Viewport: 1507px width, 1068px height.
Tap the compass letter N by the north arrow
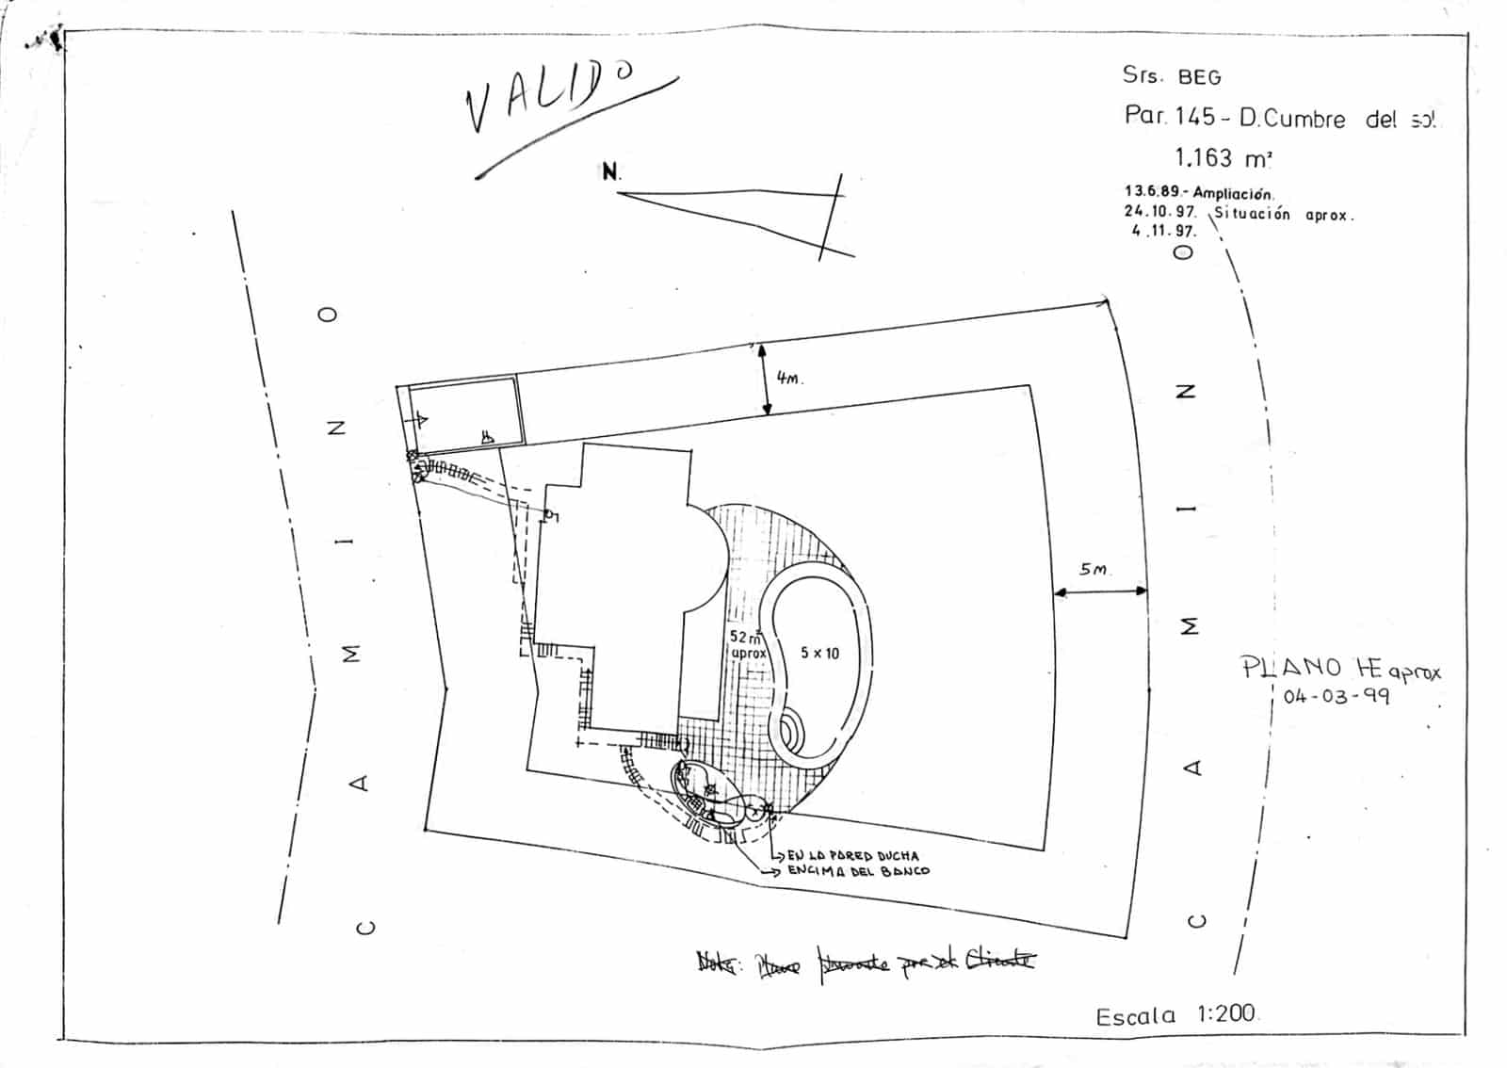pos(610,172)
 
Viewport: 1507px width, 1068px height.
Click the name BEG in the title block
pos(1199,77)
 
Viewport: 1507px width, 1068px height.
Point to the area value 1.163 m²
pos(1223,157)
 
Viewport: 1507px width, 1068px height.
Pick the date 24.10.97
pos(1159,212)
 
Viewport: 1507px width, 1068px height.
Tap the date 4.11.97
pos(1163,231)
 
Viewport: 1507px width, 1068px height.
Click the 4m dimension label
pos(789,378)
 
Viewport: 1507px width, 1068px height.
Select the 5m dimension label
pos(1094,569)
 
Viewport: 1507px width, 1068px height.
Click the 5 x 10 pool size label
pos(819,653)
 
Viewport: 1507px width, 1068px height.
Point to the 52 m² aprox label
pos(748,644)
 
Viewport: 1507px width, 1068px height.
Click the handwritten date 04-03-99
pos(1336,698)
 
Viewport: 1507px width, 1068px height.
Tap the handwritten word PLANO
pos(1291,667)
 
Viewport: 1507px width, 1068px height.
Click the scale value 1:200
pos(1226,1013)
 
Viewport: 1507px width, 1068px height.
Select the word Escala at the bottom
pos(1136,1016)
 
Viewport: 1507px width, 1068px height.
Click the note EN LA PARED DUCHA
pos(852,856)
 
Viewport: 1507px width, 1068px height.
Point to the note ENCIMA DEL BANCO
pos(857,871)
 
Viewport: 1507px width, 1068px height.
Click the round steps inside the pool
pos(788,731)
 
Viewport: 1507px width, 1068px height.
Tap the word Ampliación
pos(1233,193)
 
